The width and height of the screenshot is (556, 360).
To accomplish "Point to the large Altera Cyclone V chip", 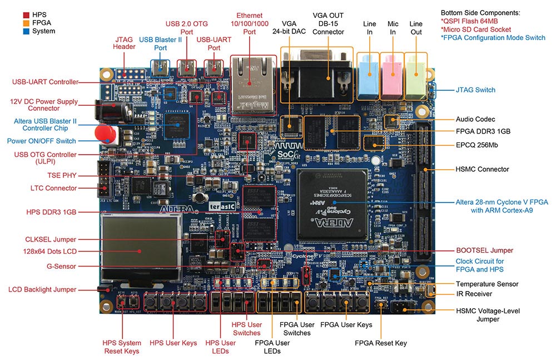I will (x=332, y=204).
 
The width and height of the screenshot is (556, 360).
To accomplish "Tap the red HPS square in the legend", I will (x=26, y=13).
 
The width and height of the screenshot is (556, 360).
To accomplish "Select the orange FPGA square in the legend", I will (x=26, y=22).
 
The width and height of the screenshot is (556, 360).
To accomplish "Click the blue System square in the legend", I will (x=26, y=31).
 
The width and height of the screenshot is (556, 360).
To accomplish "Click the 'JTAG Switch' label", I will (x=475, y=90).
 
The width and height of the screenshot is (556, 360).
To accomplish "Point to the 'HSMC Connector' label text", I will (x=482, y=169).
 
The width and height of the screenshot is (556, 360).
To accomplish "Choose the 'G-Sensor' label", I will (x=62, y=267).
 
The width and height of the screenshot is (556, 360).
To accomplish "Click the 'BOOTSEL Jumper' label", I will (x=484, y=250).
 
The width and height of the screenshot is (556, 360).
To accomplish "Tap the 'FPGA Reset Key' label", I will (x=381, y=343).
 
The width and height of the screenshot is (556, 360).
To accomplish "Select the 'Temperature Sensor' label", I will (x=487, y=284).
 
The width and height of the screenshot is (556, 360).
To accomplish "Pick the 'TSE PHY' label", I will (x=62, y=175).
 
